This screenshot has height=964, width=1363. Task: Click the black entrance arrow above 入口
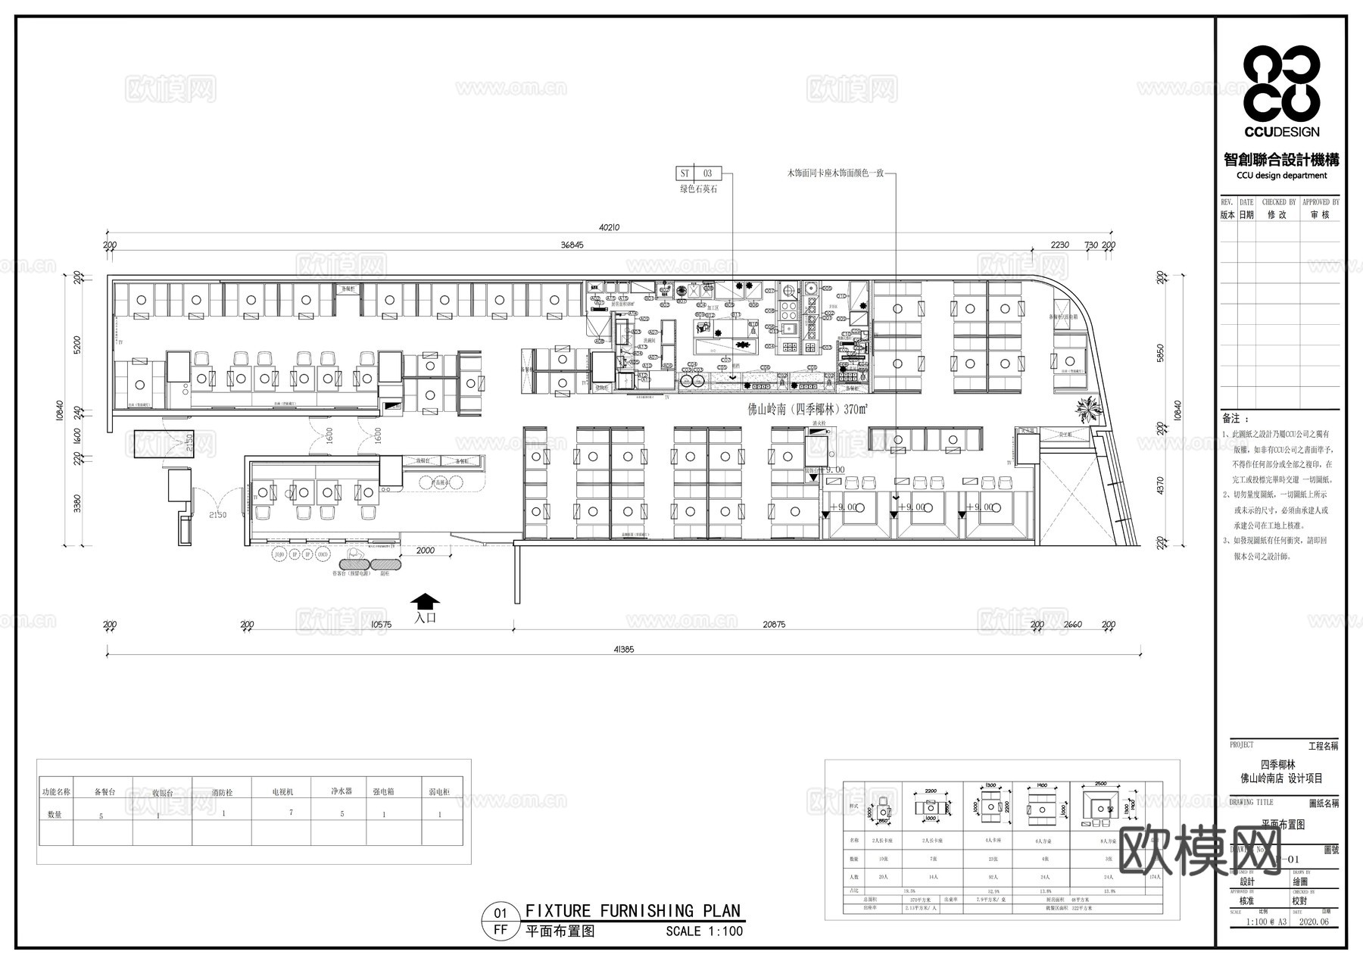coord(425,601)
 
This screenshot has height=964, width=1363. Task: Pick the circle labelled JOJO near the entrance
coord(279,554)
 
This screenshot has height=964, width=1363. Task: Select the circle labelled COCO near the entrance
coord(323,554)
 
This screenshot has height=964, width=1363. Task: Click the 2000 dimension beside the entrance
coord(426,551)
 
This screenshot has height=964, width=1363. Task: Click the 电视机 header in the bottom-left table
coord(282,791)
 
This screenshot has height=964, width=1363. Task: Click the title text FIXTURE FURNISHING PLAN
coord(633,911)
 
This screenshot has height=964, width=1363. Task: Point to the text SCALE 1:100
coord(704,931)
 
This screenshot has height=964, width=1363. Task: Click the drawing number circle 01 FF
coord(501,921)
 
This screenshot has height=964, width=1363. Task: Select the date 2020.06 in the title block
coord(1314,922)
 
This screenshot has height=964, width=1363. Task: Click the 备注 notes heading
coord(1232,418)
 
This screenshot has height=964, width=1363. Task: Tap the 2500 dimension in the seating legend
coord(1100,784)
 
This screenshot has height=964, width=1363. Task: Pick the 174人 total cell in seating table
coord(1154,877)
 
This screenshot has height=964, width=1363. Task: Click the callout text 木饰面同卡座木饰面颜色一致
coord(836,173)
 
